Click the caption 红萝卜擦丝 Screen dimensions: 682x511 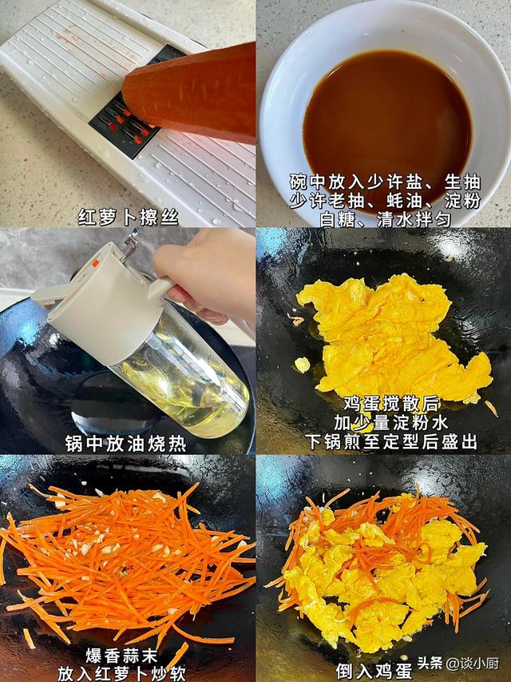[127, 216]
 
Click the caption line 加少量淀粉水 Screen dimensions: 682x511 [383, 423]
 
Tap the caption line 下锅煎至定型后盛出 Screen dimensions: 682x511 [383, 441]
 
